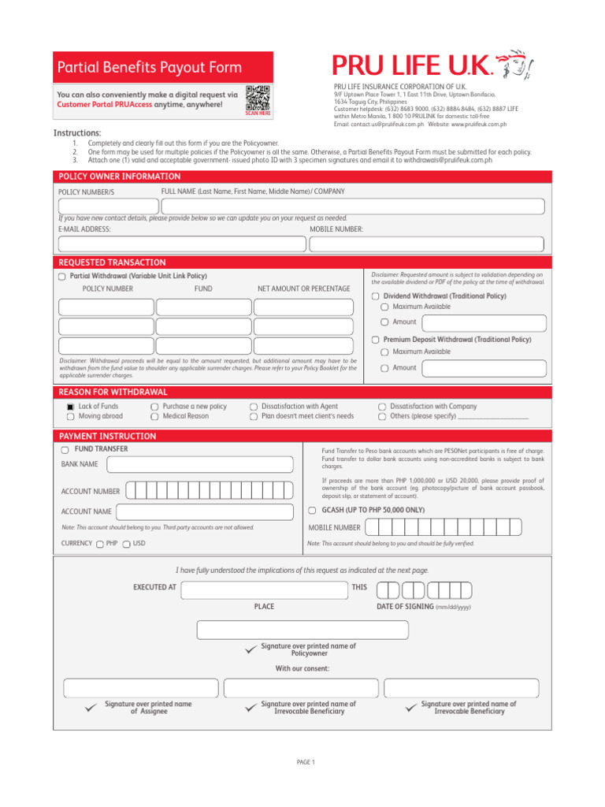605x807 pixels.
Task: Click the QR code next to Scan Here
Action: coord(258,97)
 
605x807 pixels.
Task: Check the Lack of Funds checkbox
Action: coord(70,407)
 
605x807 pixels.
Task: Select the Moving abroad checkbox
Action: coord(70,417)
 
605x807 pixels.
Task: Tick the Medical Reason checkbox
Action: coord(154,417)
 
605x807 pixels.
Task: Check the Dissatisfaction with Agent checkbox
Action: coord(254,407)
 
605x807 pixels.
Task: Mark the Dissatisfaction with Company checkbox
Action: coord(382,407)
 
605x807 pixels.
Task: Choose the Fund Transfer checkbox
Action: coord(65,450)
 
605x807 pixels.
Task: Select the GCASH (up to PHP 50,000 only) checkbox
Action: coord(313,511)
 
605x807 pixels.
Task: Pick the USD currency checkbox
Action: coord(126,544)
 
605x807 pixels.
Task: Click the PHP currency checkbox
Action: coord(99,544)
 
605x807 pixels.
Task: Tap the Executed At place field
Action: coord(264,590)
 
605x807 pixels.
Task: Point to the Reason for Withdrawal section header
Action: coord(113,392)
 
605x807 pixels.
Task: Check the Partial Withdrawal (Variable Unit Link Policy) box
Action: coord(62,277)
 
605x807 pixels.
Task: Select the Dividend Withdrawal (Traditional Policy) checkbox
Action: coord(376,296)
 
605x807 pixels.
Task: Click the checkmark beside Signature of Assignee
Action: coord(90,708)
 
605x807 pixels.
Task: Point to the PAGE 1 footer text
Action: coord(306,762)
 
